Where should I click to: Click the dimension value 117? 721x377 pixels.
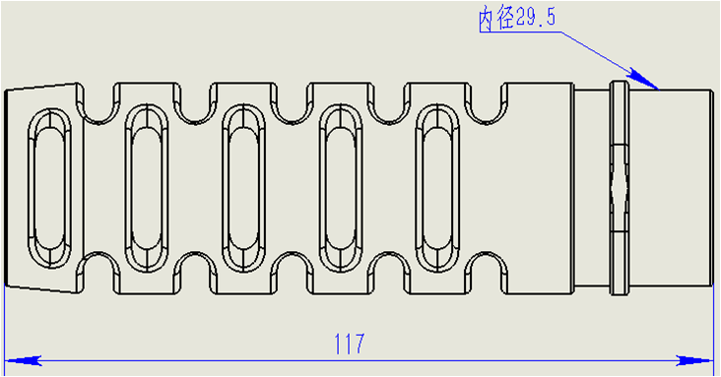(x=350, y=344)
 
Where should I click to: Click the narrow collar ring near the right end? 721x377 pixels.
(x=620, y=118)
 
